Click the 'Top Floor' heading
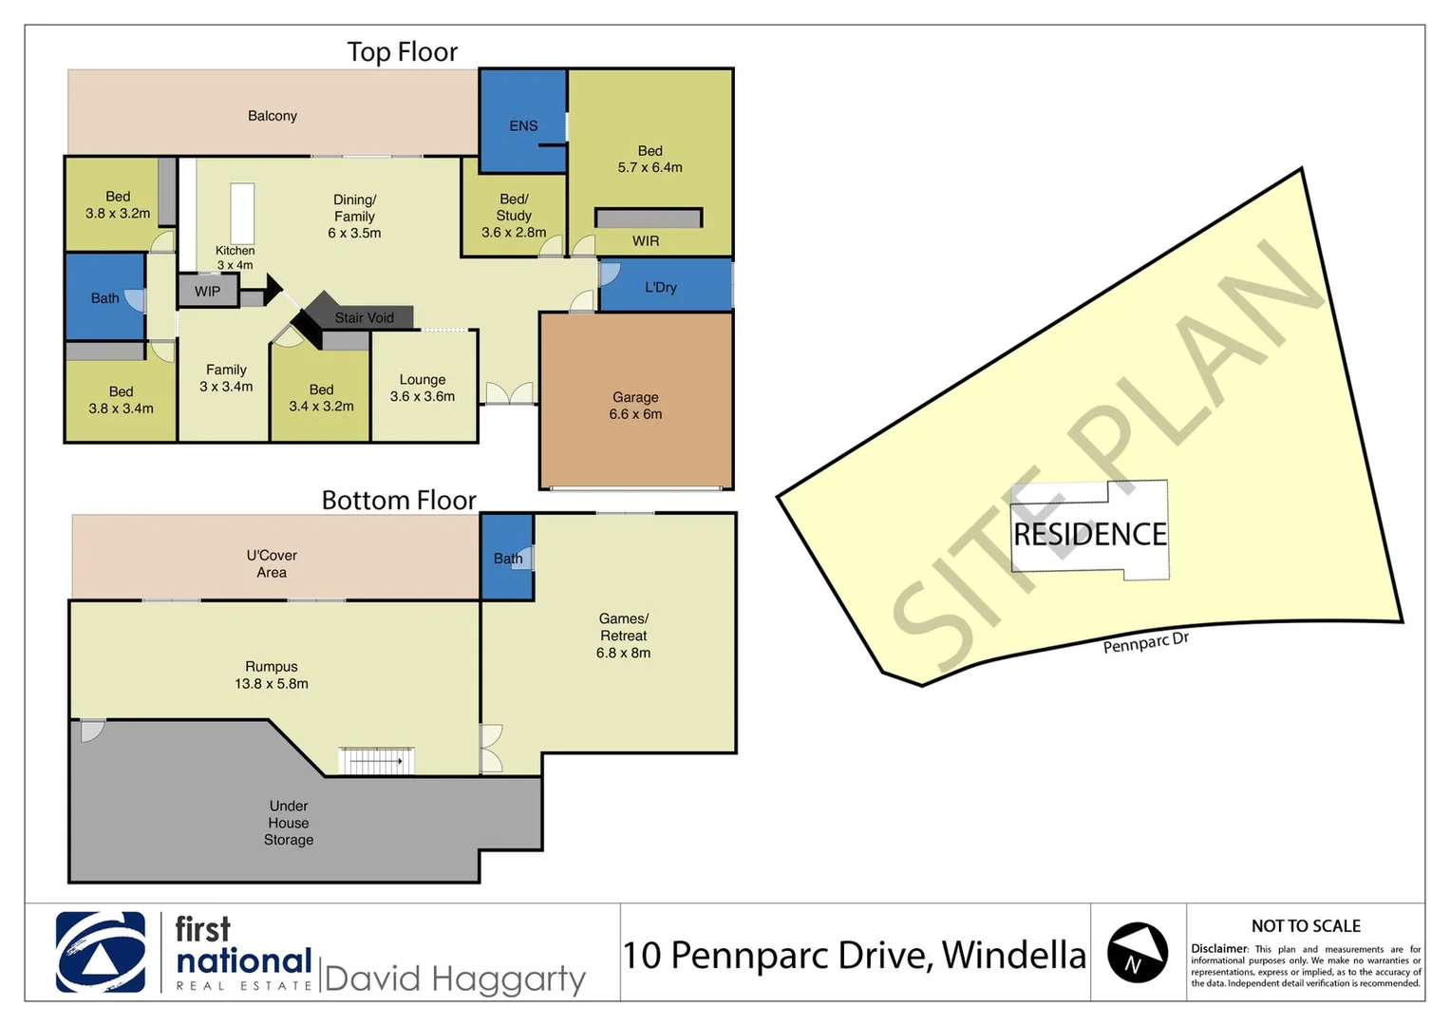pos(403,52)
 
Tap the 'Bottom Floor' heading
pos(399,501)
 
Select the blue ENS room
pos(522,124)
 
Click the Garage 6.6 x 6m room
pos(635,406)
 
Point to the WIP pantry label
pos(207,292)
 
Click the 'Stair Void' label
pos(364,318)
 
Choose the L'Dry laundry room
pos(661,287)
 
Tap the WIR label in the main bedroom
pos(646,241)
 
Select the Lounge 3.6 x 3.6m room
pos(423,388)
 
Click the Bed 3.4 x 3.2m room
pos(321,398)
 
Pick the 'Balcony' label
pos(273,116)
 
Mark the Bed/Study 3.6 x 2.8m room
pos(514,216)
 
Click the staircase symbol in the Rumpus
pos(376,761)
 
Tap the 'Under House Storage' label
pos(289,823)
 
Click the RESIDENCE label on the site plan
pos(1090,535)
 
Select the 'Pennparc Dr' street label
pos(1145,642)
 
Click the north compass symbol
pos(1138,952)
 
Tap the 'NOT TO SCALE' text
pos(1306,926)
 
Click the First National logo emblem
pos(101,952)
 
